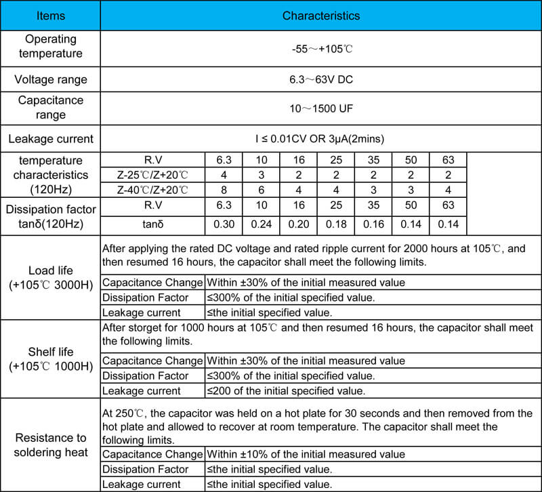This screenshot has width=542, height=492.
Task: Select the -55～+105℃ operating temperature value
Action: (x=320, y=49)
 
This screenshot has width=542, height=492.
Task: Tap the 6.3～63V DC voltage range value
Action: (x=320, y=80)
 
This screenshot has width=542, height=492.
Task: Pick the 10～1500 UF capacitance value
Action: (x=320, y=108)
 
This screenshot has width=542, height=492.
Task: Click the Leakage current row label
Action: (x=50, y=140)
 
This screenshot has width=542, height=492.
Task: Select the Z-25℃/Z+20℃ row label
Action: (x=152, y=175)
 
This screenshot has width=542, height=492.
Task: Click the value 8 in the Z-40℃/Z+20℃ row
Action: (x=224, y=189)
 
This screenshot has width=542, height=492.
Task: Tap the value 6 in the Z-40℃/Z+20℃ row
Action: (x=261, y=189)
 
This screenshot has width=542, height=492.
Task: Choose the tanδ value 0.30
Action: (x=224, y=224)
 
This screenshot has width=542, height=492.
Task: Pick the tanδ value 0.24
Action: (x=261, y=224)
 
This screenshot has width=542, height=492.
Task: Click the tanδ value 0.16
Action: (x=373, y=224)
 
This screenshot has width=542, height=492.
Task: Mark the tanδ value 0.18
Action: (x=335, y=224)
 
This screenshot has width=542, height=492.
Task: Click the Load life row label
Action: (x=50, y=277)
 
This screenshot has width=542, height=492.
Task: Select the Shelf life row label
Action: (x=50, y=359)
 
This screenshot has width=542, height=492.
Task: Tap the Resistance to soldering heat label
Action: (x=50, y=444)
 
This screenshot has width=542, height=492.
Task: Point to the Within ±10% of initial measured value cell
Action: (x=305, y=454)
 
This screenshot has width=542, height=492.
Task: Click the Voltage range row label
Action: (x=50, y=80)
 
